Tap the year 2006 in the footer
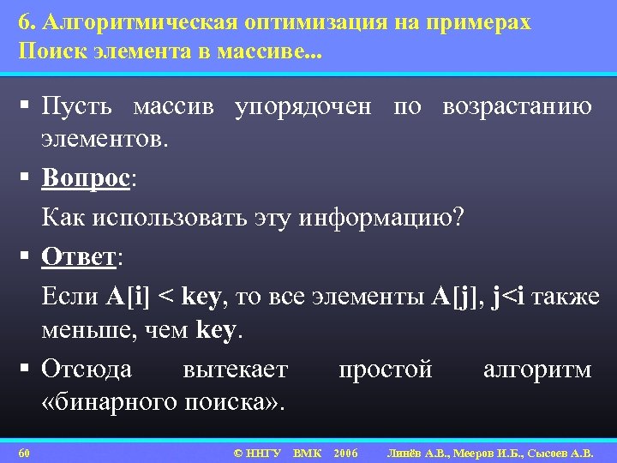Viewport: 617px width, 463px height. click(344, 452)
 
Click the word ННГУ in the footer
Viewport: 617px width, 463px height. click(263, 452)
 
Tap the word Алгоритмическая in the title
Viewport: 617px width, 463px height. click(128, 23)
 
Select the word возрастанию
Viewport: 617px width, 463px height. click(517, 107)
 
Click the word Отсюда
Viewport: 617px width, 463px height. click(87, 370)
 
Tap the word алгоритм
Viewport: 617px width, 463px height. click(537, 370)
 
